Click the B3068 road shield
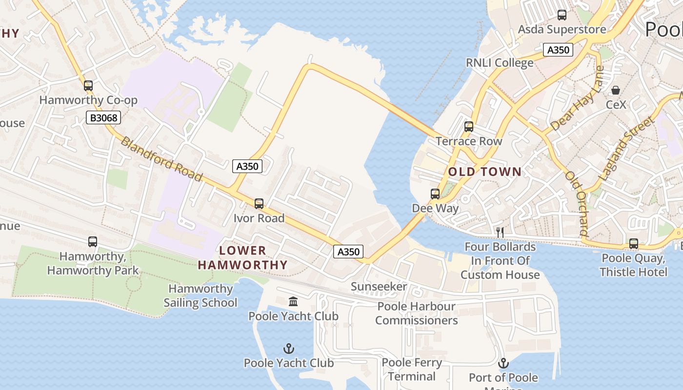[103, 117]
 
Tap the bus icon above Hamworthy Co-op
[88, 86]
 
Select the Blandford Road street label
[161, 159]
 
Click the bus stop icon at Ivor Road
[259, 204]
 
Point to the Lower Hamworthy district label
[242, 258]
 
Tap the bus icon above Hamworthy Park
[93, 241]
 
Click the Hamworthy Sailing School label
[201, 295]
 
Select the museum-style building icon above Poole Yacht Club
[293, 302]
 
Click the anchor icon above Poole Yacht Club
[289, 349]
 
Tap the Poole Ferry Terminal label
[412, 370]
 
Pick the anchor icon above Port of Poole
[503, 363]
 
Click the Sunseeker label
[379, 287]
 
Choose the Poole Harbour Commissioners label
[417, 313]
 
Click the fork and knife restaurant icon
[500, 232]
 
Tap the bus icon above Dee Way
[435, 194]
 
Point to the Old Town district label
[485, 172]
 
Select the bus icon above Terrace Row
[469, 127]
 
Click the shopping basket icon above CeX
[616, 90]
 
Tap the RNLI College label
[500, 63]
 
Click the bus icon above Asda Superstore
[562, 15]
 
